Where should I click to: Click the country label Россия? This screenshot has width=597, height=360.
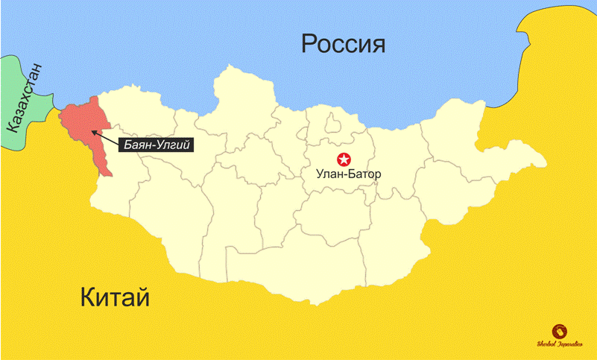click(343, 45)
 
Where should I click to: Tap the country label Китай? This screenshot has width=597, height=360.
click(116, 299)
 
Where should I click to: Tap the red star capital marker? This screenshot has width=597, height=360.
click(344, 159)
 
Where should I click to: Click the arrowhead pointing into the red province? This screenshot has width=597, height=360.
click(93, 132)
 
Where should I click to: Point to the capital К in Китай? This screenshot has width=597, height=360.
click(88, 299)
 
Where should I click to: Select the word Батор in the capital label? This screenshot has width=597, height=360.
click(363, 174)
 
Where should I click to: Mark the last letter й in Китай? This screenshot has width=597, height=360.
click(143, 299)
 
